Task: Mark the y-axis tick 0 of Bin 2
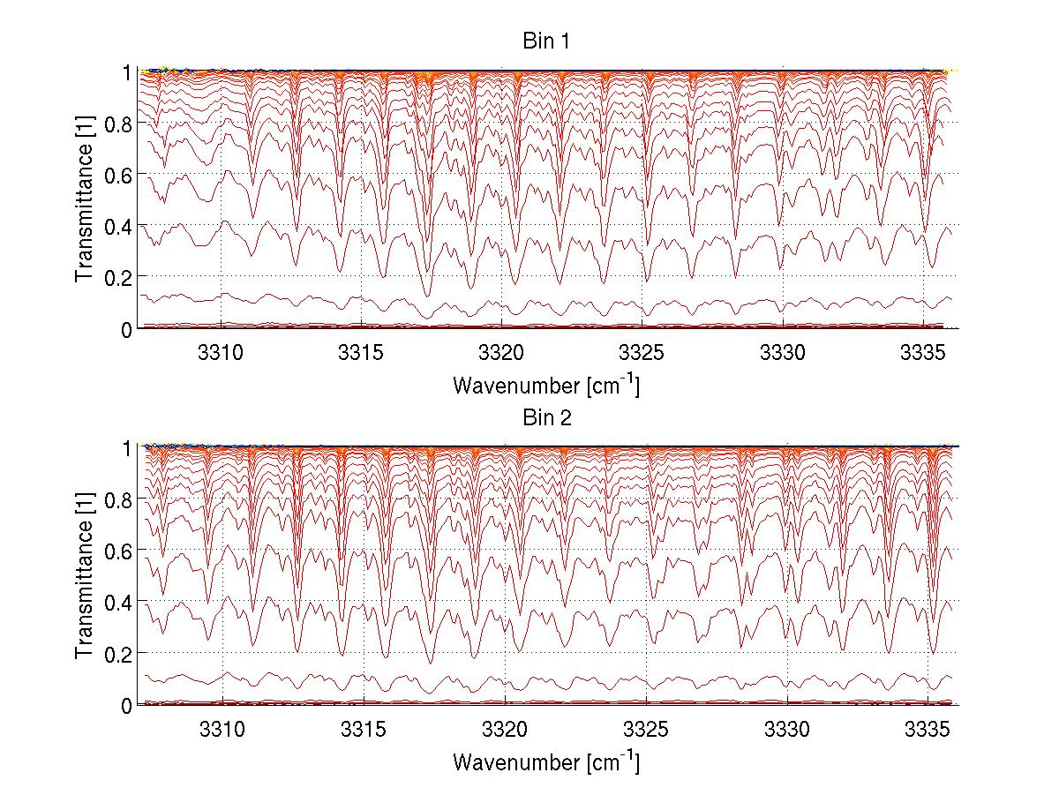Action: (127, 705)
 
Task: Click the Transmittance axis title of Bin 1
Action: (85, 199)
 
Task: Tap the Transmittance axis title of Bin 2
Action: (85, 575)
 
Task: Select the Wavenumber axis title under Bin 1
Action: (546, 385)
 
